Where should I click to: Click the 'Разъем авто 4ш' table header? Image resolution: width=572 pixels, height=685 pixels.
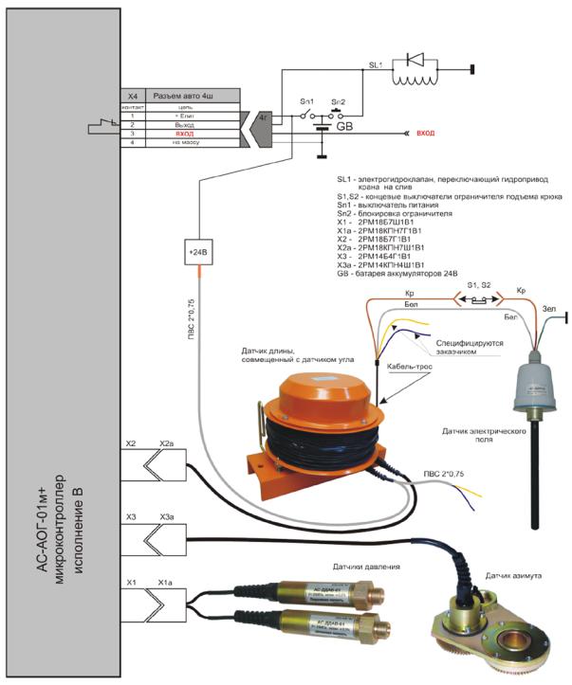pyautogui.click(x=187, y=97)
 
